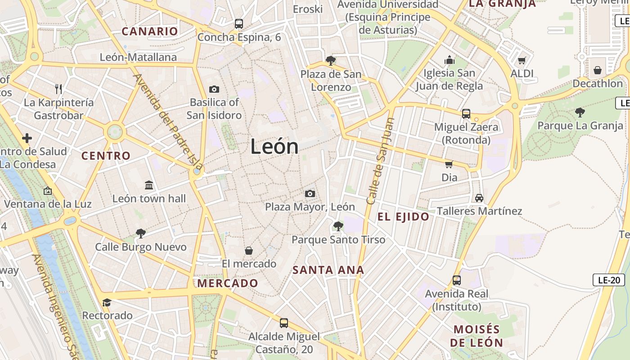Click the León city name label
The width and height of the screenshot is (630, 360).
(274, 147)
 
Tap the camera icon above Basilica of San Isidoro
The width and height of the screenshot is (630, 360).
(214, 89)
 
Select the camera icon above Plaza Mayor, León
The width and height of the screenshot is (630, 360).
(310, 193)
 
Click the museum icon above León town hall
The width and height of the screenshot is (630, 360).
(149, 185)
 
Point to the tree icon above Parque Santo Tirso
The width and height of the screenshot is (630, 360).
(338, 226)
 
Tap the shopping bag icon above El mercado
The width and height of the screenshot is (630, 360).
(248, 250)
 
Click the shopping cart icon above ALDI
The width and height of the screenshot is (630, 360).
(522, 60)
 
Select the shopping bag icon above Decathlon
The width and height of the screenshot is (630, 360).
(598, 70)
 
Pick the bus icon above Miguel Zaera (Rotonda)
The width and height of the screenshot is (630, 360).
(466, 114)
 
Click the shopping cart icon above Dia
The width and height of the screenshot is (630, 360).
(449, 164)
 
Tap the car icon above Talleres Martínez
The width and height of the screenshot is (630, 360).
(479, 198)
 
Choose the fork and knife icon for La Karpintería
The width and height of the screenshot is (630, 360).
(58, 89)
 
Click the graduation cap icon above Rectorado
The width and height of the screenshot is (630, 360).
(107, 302)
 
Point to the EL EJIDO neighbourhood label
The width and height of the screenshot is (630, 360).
(403, 217)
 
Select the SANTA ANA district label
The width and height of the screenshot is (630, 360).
(328, 270)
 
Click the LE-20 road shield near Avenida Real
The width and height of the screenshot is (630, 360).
(609, 280)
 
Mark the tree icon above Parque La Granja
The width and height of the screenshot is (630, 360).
(580, 112)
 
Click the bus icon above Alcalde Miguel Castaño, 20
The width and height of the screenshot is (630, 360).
(283, 323)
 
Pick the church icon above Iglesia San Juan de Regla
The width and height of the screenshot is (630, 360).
(449, 60)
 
